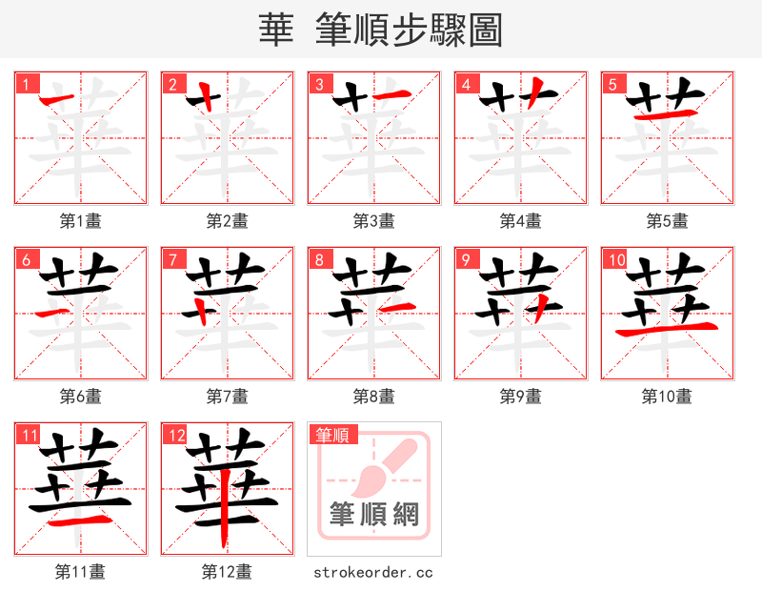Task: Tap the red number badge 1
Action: point(26,84)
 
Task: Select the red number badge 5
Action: point(612,84)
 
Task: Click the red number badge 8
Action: point(319,259)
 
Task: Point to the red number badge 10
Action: point(615,259)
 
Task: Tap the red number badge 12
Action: point(175,436)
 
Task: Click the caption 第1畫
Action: point(81,220)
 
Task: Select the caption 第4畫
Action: point(521,220)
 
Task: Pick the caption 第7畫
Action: point(228,396)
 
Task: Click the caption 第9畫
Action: point(521,396)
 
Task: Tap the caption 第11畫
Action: point(81,572)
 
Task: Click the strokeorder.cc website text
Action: point(374,572)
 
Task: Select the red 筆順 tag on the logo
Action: point(332,436)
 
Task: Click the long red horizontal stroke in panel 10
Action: point(667,330)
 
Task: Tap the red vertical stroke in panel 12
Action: point(225,510)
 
